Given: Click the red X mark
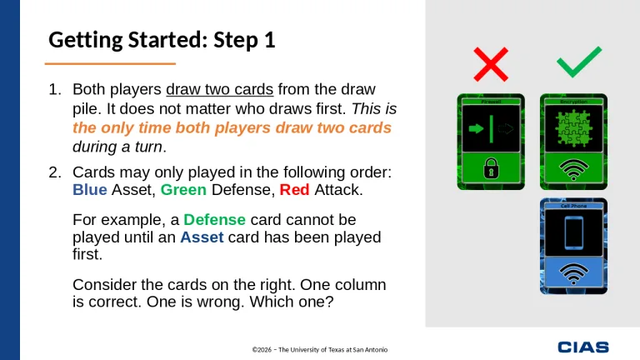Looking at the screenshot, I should [490, 63].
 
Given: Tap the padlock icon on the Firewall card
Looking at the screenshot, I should [491, 170].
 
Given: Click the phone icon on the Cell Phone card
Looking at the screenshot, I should [572, 232].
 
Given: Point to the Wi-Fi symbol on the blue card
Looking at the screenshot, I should [572, 273].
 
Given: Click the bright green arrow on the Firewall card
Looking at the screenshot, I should [477, 129].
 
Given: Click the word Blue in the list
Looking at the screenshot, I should [89, 190].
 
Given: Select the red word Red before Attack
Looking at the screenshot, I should [294, 190].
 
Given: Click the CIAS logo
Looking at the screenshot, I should [583, 347].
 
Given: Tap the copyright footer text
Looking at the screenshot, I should [320, 348].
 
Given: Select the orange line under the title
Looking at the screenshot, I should [109, 63].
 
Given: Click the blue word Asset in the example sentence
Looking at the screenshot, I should [202, 237].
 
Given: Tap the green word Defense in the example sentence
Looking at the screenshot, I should [214, 220].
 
